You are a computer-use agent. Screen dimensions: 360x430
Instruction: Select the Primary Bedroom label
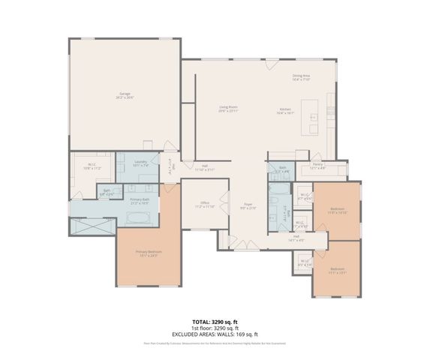pyautogui.click(x=149, y=253)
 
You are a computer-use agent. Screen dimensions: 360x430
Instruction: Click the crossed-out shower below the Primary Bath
pyautogui.click(x=93, y=226)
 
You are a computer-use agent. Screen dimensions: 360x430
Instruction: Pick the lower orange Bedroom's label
pyautogui.click(x=338, y=269)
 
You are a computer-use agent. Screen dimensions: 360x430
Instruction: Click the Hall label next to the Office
pyautogui.click(x=204, y=168)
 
